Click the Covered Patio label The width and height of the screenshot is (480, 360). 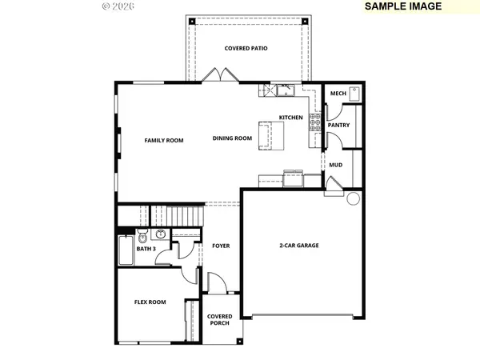coord(246,48)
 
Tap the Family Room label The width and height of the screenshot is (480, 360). coord(164,141)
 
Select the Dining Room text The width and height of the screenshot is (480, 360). coord(232,138)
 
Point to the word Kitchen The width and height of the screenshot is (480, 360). coord(291,118)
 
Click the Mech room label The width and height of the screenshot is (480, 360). coord(338,94)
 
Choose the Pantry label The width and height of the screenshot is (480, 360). coord(338,126)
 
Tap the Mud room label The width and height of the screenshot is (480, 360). coord(336,165)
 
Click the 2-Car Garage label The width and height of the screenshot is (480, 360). coord(299,246)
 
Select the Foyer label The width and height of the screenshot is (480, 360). coord(221,246)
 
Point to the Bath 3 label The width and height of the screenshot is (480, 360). coord(146,249)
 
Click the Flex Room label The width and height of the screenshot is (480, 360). coord(150,302)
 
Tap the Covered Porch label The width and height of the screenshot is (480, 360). coord(220,319)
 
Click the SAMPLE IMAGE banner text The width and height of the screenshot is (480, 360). coord(403,6)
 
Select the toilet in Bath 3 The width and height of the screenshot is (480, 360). coord(142,236)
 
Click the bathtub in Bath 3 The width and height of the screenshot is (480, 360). coord(126,250)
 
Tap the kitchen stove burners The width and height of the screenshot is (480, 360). coord(315,122)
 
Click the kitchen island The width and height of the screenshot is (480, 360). coord(271,136)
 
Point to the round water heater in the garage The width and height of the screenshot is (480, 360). coord(354,198)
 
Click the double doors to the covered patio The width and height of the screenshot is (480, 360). coord(221,75)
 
